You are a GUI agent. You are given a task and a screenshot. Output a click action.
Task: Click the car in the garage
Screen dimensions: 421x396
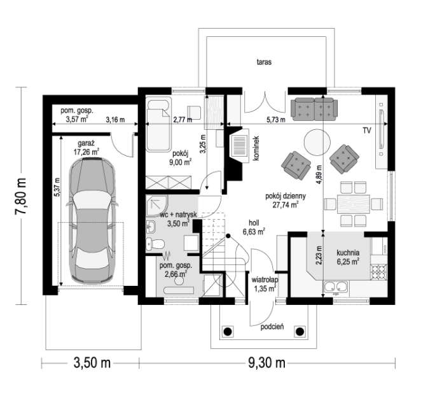92,220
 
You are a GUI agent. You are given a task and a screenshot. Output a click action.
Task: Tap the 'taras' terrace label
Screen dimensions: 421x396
264,62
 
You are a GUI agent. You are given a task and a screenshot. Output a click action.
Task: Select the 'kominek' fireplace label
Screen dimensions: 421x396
256,148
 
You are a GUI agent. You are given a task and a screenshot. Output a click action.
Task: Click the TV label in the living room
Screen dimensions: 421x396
367,131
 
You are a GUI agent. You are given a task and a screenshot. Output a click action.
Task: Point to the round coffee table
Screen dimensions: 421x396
317,142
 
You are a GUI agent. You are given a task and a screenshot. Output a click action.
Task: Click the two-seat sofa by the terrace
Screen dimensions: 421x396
314,109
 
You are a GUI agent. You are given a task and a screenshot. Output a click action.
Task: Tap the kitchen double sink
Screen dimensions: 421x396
335,287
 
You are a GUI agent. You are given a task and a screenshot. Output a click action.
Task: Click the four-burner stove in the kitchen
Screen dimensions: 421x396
379,271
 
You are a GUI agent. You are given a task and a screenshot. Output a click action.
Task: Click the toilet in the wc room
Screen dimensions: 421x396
155,244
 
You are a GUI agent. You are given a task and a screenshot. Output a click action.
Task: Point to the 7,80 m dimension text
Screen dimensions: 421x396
21,196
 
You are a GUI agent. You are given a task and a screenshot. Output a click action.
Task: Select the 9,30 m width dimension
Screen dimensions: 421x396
266,363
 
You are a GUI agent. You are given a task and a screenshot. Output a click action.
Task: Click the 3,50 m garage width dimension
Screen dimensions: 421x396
92,363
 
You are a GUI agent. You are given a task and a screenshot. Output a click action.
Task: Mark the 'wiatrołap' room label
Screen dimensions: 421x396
265,280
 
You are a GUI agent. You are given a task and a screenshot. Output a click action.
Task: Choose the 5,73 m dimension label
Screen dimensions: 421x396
276,120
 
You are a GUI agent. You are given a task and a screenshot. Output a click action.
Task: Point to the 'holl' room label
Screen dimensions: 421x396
254,223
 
